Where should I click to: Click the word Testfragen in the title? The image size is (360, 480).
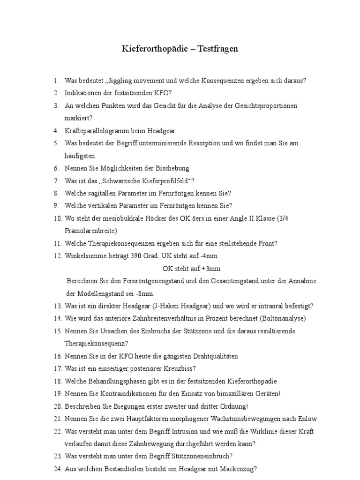tap(218, 49)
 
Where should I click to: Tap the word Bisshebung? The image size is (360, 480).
tap(172, 168)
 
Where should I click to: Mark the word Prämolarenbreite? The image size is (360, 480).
tap(90, 231)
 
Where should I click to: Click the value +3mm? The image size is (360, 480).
tap(211, 269)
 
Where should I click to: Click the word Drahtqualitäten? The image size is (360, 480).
tap(210, 356)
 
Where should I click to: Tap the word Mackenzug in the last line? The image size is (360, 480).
tap(237, 469)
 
